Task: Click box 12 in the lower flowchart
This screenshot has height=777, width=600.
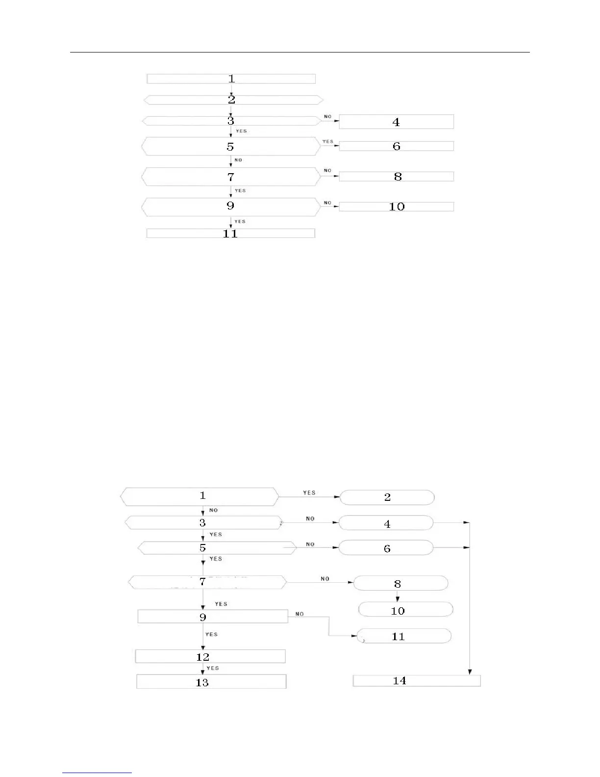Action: click(210, 656)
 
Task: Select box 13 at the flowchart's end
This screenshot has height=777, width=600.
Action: click(211, 682)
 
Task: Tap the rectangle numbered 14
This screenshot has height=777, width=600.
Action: click(417, 680)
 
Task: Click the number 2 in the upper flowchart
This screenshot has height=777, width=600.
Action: click(231, 100)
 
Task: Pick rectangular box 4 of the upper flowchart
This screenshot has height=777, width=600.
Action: click(396, 122)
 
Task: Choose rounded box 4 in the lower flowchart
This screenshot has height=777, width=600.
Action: click(386, 523)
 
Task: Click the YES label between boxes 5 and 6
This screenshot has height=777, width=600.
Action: click(327, 142)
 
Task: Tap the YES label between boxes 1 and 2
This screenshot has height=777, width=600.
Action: click(309, 492)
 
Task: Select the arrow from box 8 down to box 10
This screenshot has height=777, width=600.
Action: click(398, 596)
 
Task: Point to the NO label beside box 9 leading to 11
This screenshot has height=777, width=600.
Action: click(300, 614)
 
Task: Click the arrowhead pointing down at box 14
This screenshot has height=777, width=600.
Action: click(470, 672)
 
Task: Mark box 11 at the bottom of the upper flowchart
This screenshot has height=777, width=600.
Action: click(230, 233)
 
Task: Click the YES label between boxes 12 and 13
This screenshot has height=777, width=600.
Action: click(213, 668)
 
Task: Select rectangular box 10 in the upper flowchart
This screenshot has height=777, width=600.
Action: click(396, 207)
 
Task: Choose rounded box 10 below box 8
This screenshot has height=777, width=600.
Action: click(405, 610)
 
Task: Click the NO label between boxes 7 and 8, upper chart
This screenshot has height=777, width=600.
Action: click(327, 171)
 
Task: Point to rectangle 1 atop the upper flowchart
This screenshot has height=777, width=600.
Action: click(231, 78)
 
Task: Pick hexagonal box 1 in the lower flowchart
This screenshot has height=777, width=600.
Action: click(200, 496)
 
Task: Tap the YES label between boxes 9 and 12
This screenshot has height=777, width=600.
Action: click(211, 634)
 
